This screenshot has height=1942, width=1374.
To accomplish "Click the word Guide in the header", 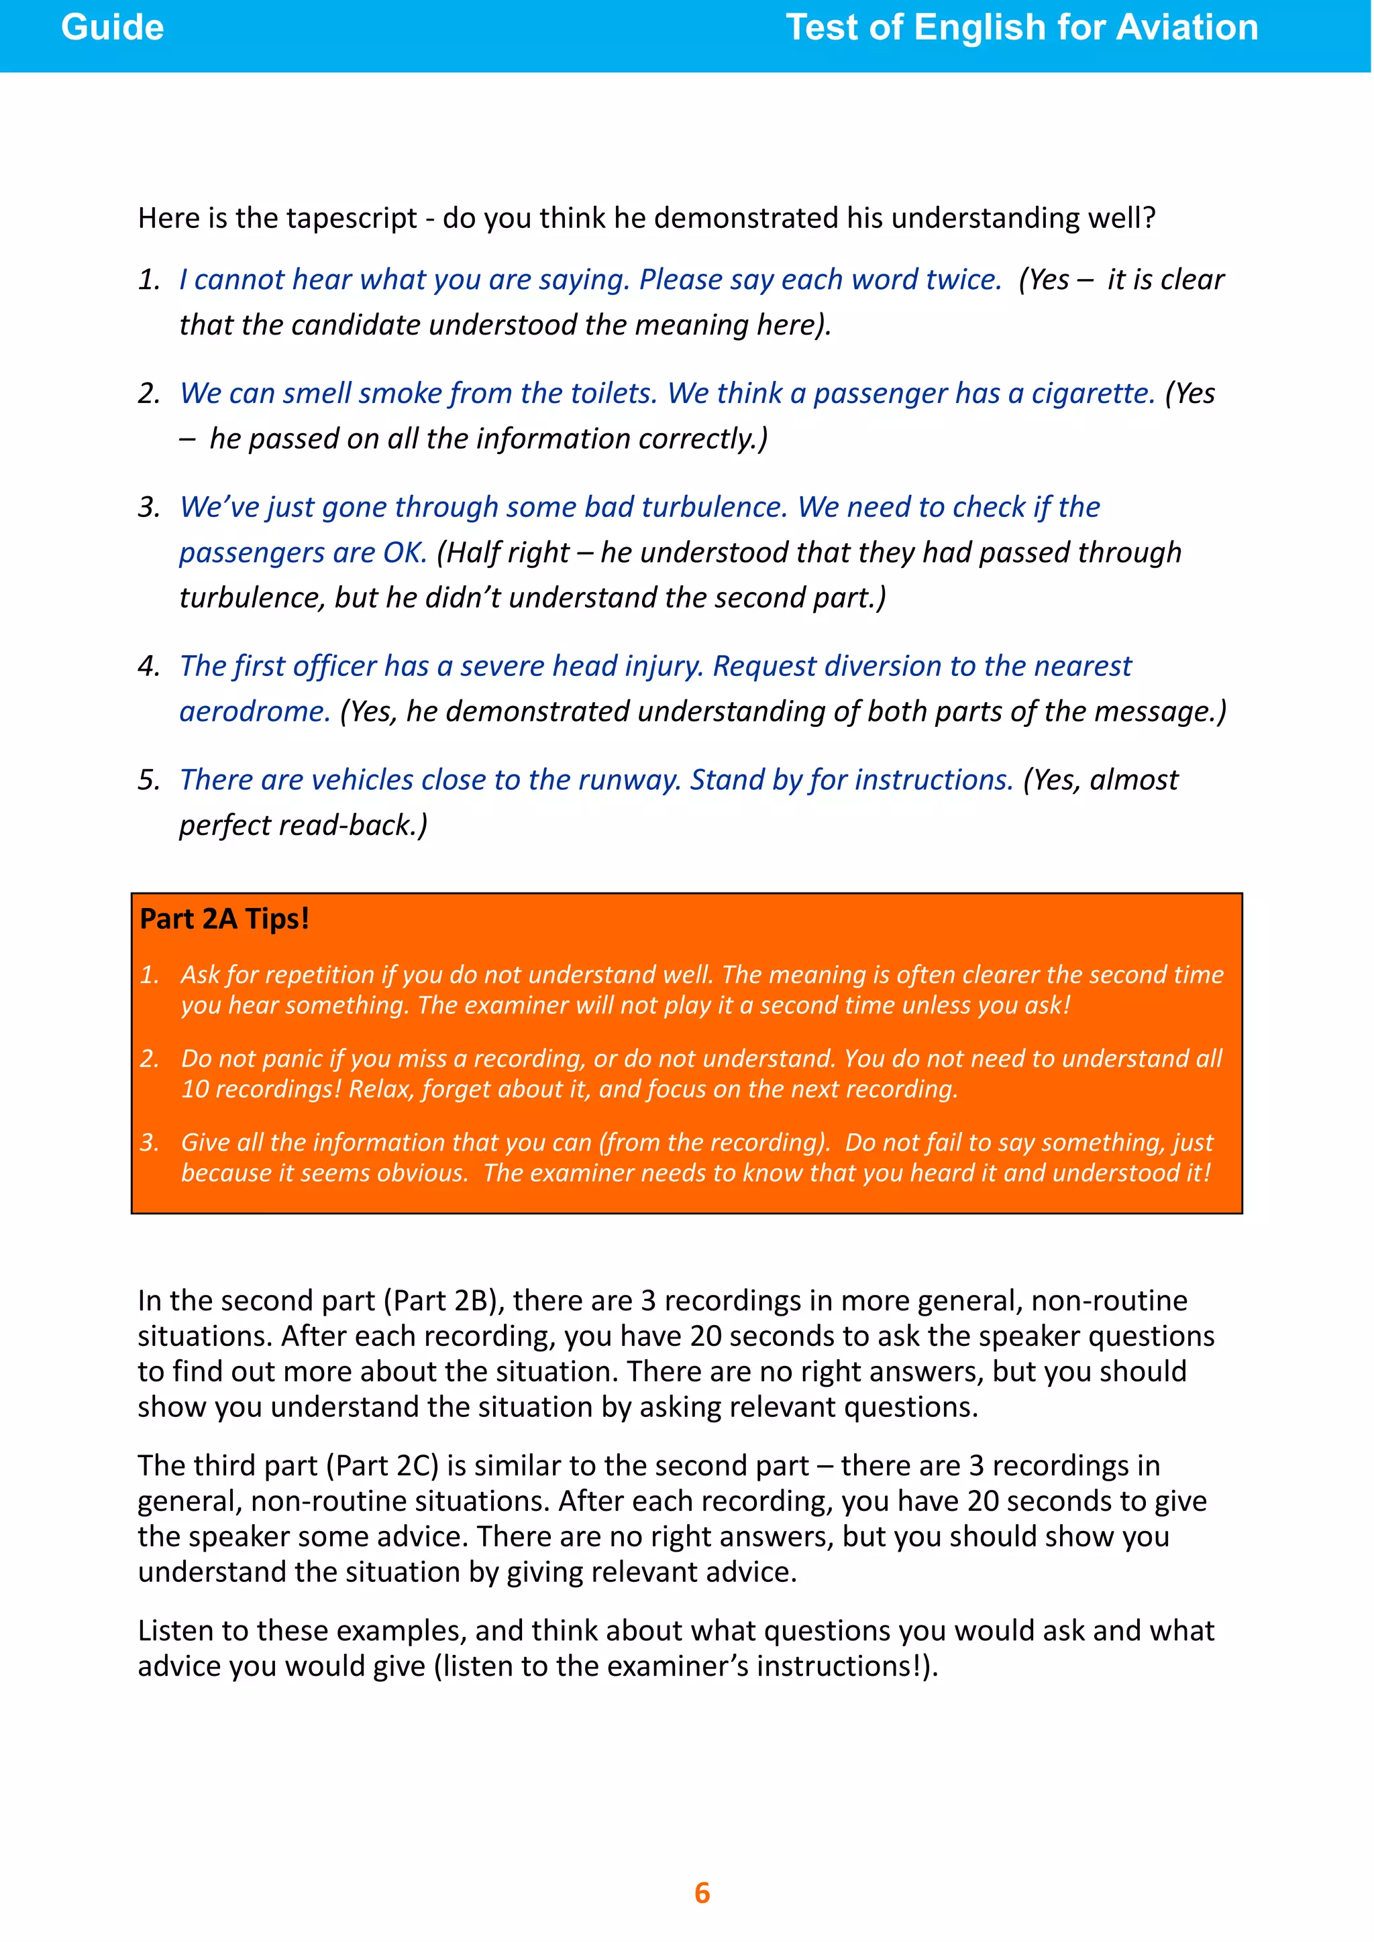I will click(x=113, y=28).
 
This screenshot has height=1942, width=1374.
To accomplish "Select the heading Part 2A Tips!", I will click(x=224, y=919).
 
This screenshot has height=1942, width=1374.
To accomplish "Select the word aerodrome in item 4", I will click(x=254, y=711).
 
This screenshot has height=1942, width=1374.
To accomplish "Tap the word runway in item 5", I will click(x=631, y=780).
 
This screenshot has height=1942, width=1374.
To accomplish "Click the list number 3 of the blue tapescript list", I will click(x=148, y=508).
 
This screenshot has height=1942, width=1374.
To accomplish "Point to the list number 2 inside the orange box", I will click(x=149, y=1059).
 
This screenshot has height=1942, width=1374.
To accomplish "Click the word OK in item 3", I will click(x=404, y=553).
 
